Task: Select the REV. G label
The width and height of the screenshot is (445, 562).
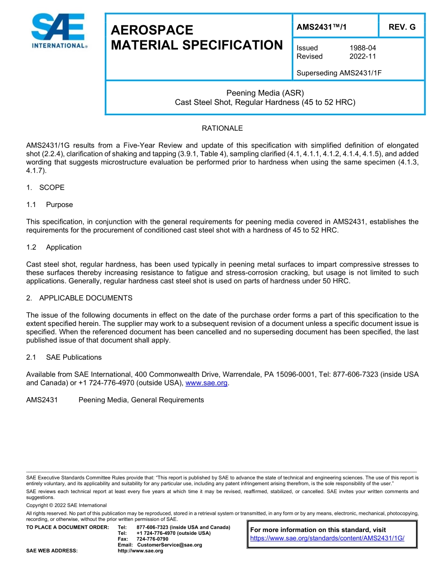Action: [402, 27]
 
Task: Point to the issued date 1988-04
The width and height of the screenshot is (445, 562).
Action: [363, 48]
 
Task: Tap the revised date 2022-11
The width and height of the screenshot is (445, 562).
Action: [363, 56]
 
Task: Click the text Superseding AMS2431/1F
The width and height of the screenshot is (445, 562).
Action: [339, 73]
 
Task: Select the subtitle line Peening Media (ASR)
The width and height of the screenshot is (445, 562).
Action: [265, 93]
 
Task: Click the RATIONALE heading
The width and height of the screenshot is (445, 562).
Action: [222, 128]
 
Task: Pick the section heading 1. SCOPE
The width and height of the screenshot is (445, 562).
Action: [45, 187]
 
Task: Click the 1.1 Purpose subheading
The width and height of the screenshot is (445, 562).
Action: [59, 205]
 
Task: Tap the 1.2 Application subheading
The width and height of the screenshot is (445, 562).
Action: [64, 247]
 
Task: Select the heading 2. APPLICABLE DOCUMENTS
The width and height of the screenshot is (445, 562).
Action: [79, 298]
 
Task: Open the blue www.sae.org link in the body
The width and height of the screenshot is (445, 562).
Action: [207, 383]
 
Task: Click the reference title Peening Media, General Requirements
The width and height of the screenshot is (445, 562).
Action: [141, 400]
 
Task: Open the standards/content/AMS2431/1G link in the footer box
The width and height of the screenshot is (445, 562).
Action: [327, 539]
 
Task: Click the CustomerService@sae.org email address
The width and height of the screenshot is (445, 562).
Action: [170, 545]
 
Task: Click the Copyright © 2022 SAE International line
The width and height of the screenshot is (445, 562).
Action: [67, 505]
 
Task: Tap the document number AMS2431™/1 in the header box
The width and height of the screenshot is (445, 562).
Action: [322, 27]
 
